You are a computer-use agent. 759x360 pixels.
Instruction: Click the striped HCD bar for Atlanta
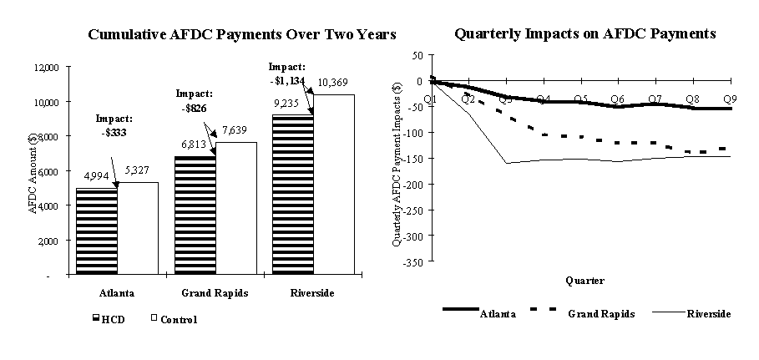(97, 231)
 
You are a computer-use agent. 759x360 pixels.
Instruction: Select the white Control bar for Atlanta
(138, 228)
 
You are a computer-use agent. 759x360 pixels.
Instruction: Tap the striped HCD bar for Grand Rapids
(194, 215)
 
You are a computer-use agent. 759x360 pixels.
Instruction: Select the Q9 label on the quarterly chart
(729, 99)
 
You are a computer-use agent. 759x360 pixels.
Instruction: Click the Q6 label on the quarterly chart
(617, 99)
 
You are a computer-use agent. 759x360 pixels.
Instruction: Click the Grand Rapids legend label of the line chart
(601, 314)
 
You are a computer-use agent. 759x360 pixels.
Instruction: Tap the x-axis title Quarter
(584, 281)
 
